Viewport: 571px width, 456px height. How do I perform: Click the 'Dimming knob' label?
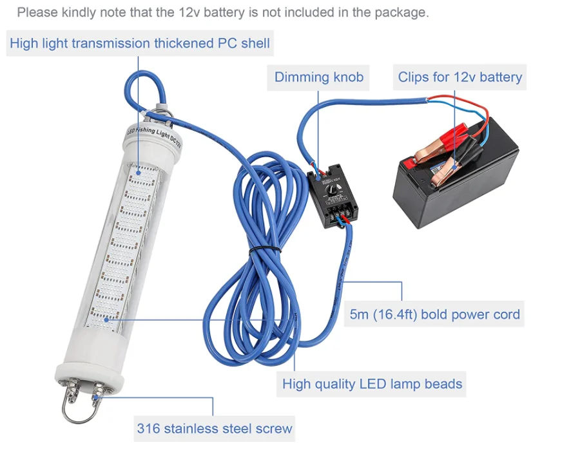(318, 78)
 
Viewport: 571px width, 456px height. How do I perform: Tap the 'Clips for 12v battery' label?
(460, 77)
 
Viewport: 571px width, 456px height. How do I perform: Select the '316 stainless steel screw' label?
(214, 428)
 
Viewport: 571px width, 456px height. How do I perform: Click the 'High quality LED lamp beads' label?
(372, 385)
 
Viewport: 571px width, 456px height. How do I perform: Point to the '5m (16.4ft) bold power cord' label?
(434, 315)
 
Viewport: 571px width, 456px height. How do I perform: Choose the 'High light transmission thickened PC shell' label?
(140, 44)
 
